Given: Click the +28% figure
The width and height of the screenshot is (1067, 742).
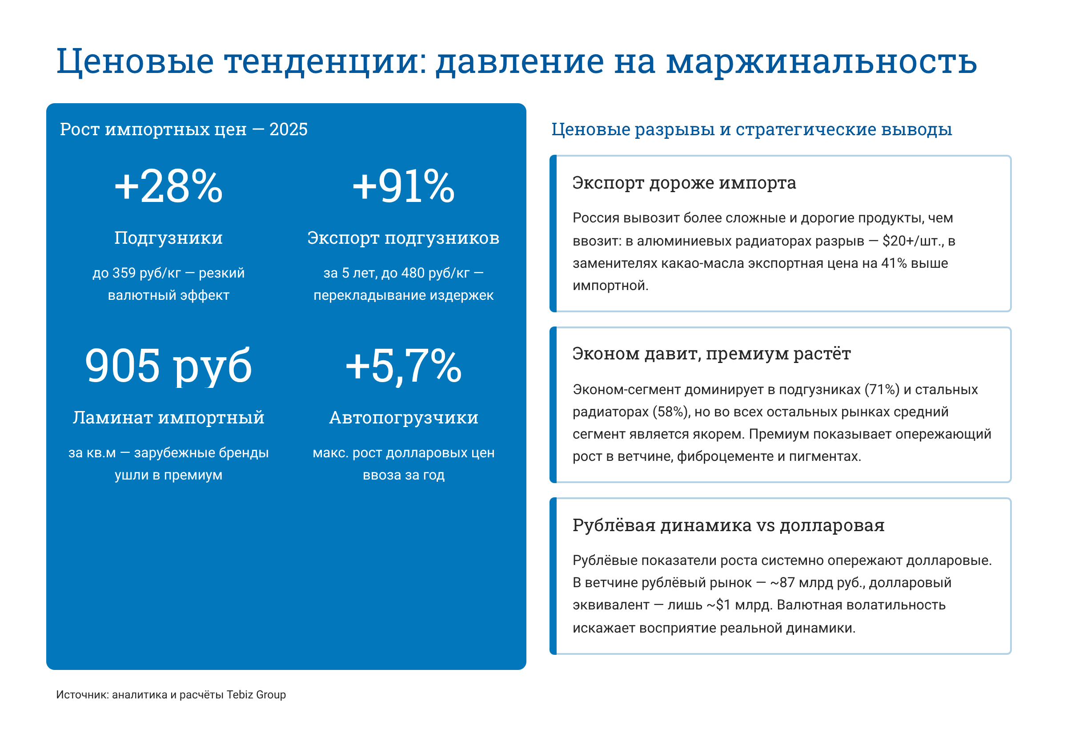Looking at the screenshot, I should (168, 186).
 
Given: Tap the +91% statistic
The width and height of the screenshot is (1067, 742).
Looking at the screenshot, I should (403, 186).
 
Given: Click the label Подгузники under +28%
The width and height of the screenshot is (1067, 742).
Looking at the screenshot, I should (168, 238).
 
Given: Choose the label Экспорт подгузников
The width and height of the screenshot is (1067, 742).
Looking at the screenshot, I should (403, 238).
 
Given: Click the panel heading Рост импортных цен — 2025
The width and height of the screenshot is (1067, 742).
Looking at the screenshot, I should (184, 129).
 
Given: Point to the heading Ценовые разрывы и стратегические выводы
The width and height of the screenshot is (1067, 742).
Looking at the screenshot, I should (751, 129).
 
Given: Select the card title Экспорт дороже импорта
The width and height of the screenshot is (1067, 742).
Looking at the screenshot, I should (683, 183).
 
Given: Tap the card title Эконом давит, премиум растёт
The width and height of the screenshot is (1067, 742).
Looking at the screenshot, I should (711, 353).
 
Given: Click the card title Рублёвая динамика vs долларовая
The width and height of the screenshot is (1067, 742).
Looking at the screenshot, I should (728, 525).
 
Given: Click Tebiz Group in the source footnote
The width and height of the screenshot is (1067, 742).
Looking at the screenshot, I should (256, 694).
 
